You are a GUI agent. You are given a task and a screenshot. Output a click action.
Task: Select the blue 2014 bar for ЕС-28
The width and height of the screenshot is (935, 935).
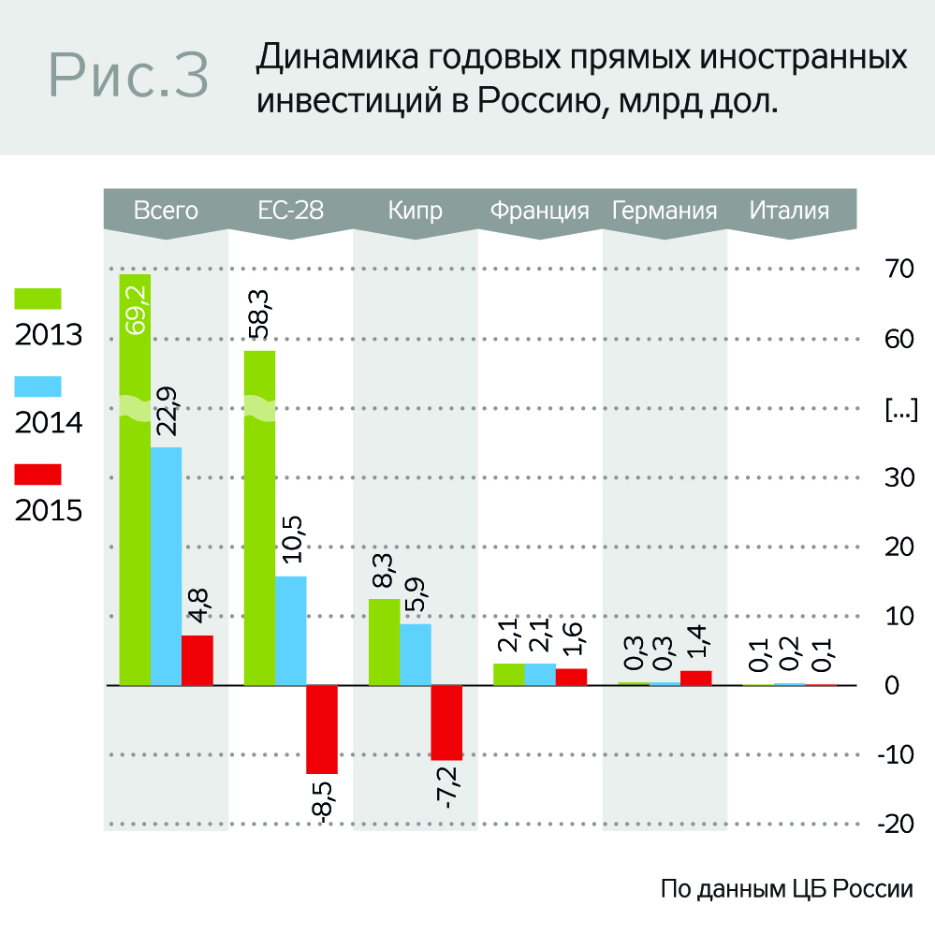290,631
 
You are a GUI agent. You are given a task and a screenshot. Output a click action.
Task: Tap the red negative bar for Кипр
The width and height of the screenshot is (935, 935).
446,723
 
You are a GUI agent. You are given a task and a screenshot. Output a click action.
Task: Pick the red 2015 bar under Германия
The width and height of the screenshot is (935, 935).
695,678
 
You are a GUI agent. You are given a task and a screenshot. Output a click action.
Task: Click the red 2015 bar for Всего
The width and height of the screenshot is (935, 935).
197,661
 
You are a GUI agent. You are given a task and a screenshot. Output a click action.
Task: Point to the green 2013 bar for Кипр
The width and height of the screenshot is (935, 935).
384,642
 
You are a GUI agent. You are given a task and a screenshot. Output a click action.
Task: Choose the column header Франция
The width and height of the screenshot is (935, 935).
539,211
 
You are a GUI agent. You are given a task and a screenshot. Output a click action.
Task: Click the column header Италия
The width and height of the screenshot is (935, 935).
789,211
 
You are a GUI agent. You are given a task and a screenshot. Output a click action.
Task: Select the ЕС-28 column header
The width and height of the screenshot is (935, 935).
290,211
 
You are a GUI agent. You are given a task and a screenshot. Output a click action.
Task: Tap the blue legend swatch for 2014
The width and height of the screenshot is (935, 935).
37,387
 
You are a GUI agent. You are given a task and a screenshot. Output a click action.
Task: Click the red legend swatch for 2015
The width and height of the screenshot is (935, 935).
37,475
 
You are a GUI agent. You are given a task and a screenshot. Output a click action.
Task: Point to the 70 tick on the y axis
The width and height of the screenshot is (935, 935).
898,269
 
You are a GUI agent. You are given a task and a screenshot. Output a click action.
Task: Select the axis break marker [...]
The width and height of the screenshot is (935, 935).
900,409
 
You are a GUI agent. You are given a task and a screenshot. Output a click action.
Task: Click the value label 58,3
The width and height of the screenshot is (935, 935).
259,316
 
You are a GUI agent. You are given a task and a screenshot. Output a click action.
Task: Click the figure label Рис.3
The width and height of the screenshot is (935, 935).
128,75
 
